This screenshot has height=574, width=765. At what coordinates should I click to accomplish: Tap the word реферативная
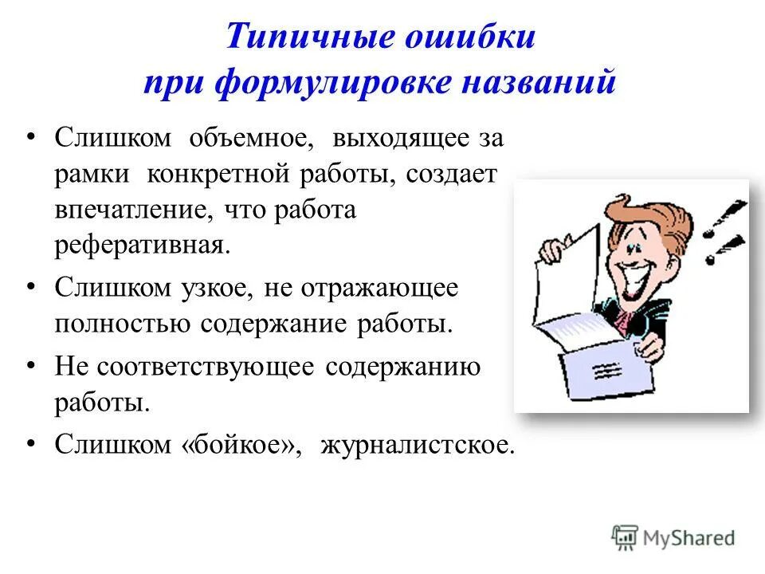[141, 244]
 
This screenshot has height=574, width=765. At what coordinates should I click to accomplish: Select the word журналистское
[418, 444]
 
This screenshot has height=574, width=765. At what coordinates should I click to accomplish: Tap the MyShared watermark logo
[673, 537]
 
